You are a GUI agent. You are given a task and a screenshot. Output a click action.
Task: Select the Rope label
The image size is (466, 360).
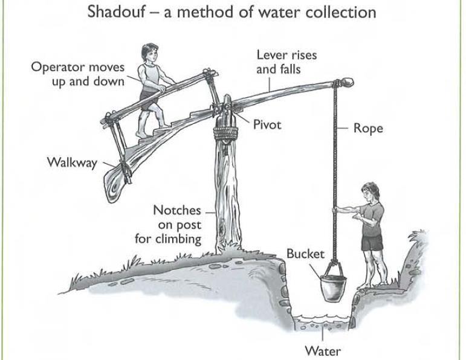(x=368, y=129)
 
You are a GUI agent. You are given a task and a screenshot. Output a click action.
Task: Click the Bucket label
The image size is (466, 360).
(x=306, y=254)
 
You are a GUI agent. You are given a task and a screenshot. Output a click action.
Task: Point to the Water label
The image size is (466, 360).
(x=323, y=350)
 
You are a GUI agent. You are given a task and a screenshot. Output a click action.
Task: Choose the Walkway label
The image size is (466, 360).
(x=72, y=162)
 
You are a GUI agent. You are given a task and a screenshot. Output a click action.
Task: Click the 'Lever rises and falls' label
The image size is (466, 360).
(x=286, y=62)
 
